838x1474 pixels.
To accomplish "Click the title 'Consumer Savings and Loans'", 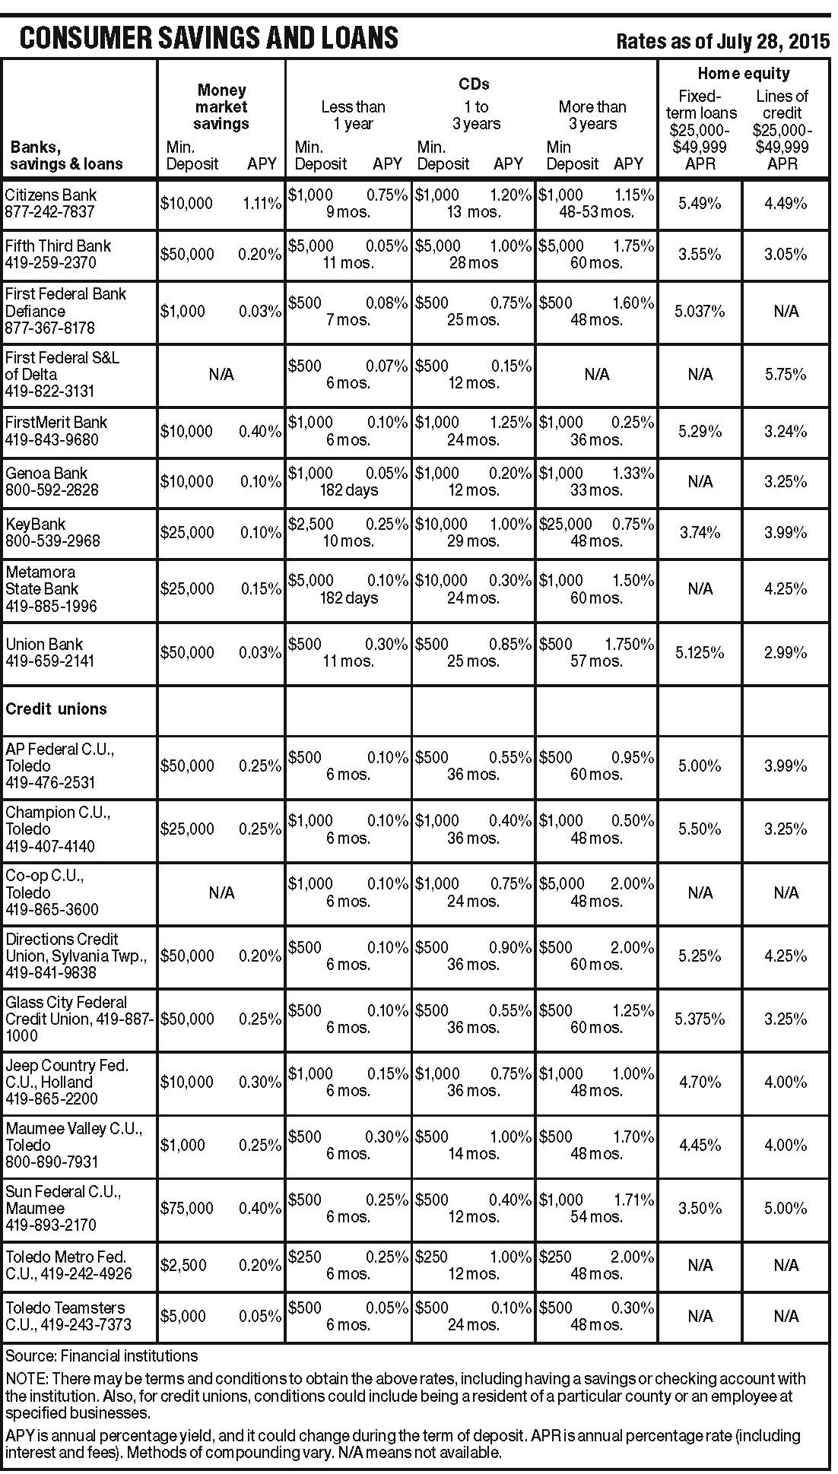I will tap(208, 37).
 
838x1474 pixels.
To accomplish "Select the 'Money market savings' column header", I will tap(221, 107).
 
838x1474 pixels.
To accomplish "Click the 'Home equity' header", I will tap(743, 74).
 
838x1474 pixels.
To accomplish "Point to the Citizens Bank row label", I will tap(51, 203).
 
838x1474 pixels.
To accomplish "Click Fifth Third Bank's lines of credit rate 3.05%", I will tap(786, 254).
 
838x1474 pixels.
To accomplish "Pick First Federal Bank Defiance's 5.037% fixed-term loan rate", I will tap(700, 311).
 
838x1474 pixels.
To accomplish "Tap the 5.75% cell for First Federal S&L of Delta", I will tap(786, 374).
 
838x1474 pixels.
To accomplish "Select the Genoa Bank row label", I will tap(51, 481).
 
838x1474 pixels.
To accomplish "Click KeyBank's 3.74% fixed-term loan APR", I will tap(700, 532).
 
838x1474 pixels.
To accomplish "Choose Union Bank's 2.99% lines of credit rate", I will tap(786, 652).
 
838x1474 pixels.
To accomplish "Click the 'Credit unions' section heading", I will tap(56, 708).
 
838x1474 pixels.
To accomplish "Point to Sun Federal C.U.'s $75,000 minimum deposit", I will tap(187, 1208).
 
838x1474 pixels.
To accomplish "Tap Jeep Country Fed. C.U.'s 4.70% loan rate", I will tap(700, 1082).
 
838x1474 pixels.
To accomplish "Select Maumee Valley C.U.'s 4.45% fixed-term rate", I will tap(700, 1145).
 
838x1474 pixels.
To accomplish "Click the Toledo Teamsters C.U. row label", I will tap(68, 1316).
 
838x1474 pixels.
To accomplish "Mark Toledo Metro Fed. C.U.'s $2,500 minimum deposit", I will tap(183, 1265).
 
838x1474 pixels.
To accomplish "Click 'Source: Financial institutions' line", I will tap(101, 1355).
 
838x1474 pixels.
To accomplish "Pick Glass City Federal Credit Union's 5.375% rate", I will tap(700, 1019).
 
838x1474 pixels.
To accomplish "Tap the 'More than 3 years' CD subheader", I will tap(592, 115).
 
